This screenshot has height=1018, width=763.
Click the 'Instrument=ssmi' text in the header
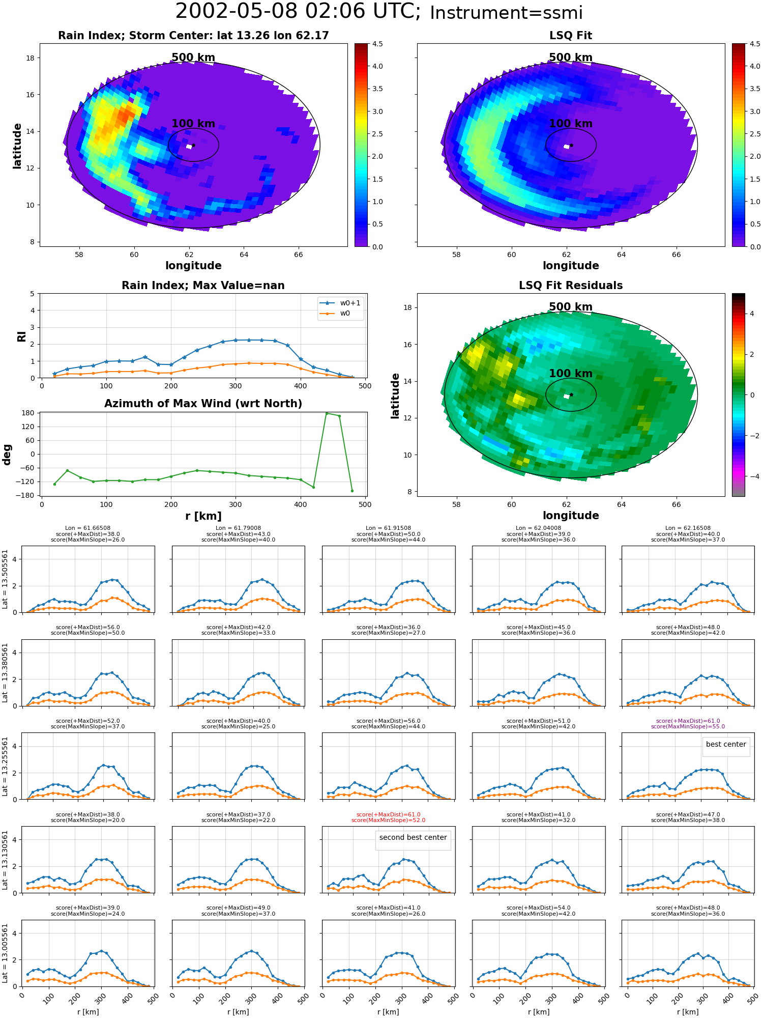(x=506, y=13)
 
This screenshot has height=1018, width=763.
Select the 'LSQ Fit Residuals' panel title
(x=571, y=286)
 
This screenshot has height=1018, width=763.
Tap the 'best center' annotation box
(x=726, y=744)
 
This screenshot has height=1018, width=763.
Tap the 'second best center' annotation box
(x=413, y=837)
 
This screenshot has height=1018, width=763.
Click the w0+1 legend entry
(x=340, y=303)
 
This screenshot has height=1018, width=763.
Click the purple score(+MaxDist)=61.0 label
(x=688, y=721)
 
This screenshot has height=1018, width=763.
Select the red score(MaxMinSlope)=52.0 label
(x=388, y=820)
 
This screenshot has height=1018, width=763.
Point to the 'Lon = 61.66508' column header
(x=88, y=528)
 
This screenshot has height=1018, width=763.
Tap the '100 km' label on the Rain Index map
(x=193, y=124)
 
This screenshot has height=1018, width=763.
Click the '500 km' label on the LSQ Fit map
(x=571, y=58)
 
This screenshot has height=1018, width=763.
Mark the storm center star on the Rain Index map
(x=193, y=145)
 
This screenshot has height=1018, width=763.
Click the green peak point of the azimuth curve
(x=327, y=413)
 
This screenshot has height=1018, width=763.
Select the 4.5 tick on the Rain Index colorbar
(x=377, y=44)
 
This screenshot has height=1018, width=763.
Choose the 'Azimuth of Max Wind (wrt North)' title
(x=203, y=404)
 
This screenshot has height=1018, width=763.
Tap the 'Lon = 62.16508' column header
(x=688, y=528)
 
